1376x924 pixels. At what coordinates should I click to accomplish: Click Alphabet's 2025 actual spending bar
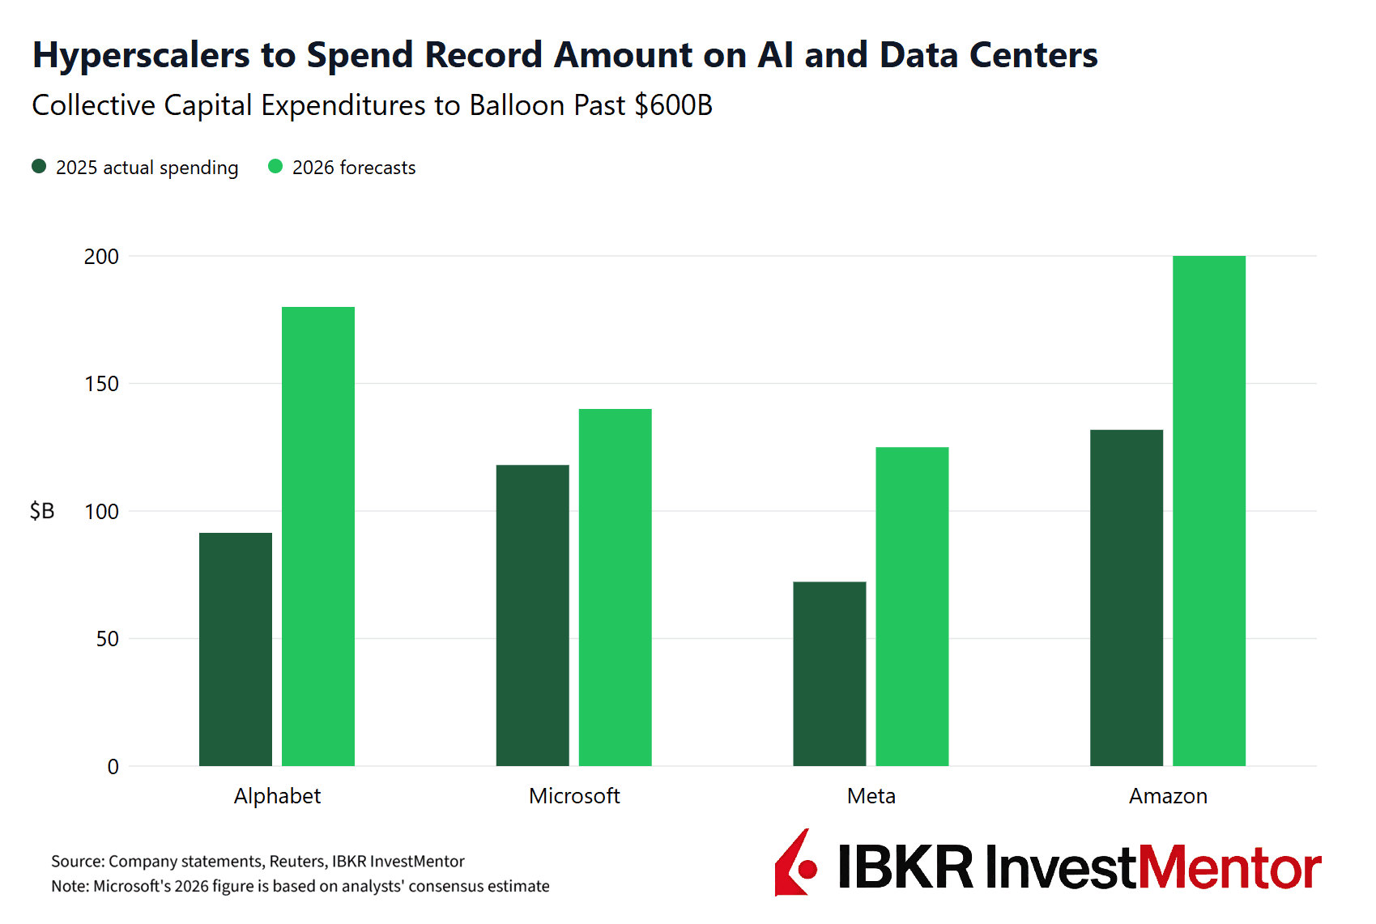(236, 649)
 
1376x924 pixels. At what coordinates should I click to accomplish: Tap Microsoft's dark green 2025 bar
(533, 615)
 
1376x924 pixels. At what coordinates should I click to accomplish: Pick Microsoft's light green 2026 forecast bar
(616, 587)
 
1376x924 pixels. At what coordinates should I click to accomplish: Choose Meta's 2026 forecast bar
(912, 607)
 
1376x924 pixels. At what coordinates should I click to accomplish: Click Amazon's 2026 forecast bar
(1209, 511)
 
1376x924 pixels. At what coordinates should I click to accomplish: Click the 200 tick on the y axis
(101, 257)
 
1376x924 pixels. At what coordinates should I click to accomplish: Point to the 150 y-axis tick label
(101, 384)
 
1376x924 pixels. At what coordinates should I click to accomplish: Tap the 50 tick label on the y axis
(107, 639)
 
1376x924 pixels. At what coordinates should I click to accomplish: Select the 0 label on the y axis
(113, 767)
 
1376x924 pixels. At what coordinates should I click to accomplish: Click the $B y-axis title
(42, 511)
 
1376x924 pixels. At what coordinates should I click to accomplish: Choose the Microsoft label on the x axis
(574, 796)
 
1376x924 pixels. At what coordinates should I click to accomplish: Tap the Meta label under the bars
(871, 796)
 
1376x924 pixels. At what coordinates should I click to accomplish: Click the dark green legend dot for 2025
(39, 167)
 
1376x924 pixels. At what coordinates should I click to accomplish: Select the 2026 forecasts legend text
(354, 168)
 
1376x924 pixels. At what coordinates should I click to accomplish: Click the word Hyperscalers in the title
(142, 55)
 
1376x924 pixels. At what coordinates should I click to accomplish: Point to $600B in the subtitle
(673, 105)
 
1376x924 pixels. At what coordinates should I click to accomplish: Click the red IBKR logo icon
(795, 864)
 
